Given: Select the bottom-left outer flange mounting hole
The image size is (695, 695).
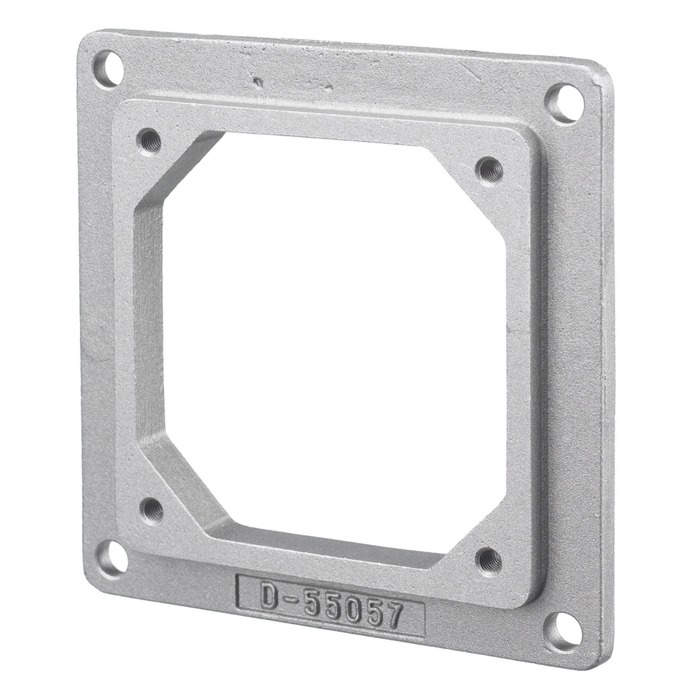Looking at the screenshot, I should pos(111,558).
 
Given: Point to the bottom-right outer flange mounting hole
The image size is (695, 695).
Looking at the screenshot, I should pos(563,631).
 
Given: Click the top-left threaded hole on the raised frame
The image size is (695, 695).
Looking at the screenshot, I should pos(149,141).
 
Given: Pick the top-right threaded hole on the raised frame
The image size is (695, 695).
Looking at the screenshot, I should pos(490,169).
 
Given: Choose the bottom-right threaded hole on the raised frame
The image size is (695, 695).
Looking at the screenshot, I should pos(489,559).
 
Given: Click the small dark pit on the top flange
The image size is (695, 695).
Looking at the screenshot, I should pos(259,82).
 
